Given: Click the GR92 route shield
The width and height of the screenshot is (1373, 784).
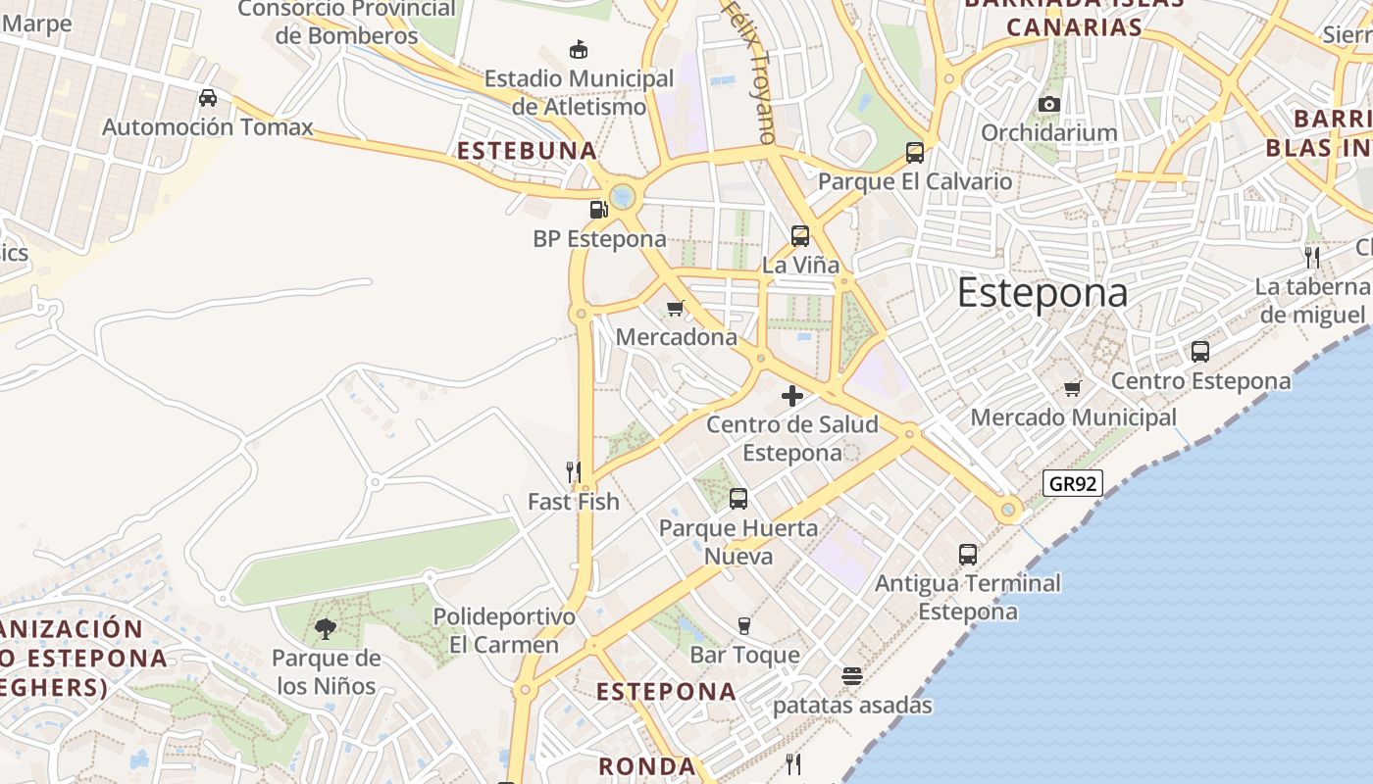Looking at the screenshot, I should click(1073, 483).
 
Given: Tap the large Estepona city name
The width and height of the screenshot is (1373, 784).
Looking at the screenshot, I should click(1042, 293).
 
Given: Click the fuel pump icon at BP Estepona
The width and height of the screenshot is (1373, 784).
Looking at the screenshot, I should click(598, 209).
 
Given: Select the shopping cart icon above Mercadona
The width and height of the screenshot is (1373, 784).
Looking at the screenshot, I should click(675, 309).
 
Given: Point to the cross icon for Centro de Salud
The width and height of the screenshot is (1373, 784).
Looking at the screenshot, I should click(792, 396).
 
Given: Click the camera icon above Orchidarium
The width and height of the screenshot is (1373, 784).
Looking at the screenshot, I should click(1048, 104).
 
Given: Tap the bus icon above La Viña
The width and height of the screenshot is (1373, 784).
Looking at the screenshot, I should click(800, 235).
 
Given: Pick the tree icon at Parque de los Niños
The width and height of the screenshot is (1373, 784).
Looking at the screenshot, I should click(326, 629).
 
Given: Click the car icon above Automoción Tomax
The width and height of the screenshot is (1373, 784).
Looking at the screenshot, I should click(208, 98).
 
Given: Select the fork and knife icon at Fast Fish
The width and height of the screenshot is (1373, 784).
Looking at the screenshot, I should click(574, 472).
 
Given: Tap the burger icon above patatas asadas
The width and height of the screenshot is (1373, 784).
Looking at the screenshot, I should click(851, 676).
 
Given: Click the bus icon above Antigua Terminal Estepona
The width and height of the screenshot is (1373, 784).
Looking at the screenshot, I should click(968, 554).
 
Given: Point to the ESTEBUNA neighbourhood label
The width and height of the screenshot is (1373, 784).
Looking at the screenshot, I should click(528, 151).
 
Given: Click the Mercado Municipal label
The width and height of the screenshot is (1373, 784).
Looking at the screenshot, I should click(1073, 417).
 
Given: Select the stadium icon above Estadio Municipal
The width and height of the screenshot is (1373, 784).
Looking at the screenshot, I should click(579, 49).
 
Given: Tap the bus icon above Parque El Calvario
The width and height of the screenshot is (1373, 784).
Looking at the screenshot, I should click(915, 152).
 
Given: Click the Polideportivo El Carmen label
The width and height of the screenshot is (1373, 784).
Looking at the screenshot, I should click(504, 630).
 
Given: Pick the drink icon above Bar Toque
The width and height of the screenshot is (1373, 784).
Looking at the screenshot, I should click(744, 625).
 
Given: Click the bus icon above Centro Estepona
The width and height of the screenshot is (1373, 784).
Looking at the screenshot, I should click(1199, 351).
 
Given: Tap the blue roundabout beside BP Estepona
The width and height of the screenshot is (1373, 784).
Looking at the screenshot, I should click(623, 197).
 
